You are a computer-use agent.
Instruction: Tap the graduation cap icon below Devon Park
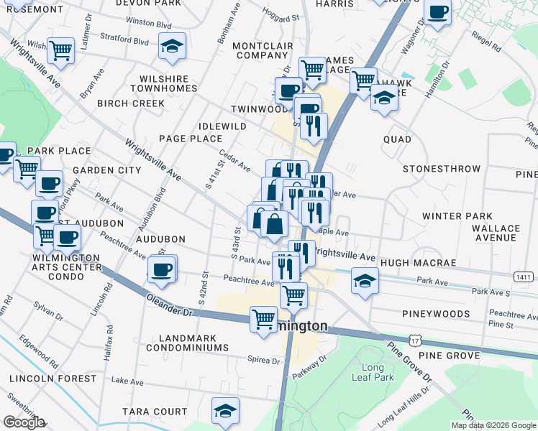coord(172,47)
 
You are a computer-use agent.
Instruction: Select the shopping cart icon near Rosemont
coord(61,50)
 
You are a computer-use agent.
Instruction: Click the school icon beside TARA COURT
coord(224,411)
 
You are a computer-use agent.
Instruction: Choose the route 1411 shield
coord(524,277)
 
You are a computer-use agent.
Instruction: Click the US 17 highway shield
coord(413,337)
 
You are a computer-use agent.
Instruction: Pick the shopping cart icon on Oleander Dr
coord(263,318)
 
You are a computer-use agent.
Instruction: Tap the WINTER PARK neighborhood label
coord(457,216)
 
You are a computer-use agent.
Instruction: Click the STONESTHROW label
coord(441,169)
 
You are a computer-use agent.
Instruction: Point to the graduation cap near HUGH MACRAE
coord(365,280)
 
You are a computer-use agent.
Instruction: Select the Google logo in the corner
coord(23,422)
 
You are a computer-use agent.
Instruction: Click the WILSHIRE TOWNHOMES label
coord(163,83)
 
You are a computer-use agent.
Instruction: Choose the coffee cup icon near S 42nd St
coord(161,269)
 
